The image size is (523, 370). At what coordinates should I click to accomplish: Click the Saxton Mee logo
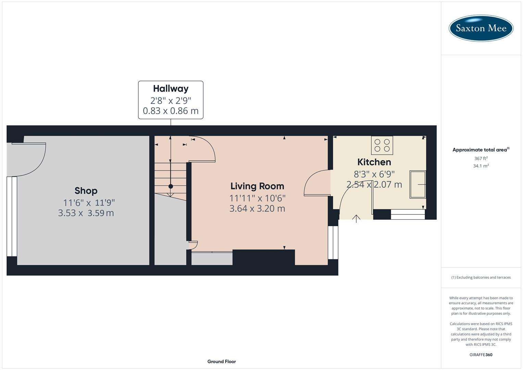click(x=481, y=28)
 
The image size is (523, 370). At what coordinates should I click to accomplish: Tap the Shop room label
click(x=86, y=191)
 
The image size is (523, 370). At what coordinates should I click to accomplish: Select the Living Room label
click(x=257, y=186)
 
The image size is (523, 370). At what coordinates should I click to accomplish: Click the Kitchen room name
click(x=374, y=162)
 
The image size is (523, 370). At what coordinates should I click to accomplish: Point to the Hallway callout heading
click(x=171, y=89)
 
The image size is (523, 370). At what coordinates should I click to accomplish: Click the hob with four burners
click(x=382, y=145)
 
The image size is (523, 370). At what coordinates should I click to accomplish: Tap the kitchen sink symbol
click(x=418, y=184)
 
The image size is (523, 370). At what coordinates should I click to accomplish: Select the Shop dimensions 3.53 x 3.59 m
click(x=86, y=213)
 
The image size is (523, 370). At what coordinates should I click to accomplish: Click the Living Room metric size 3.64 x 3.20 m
click(x=257, y=209)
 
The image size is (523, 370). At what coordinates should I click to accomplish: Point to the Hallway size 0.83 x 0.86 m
click(x=171, y=111)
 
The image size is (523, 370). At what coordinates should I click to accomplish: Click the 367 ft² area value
click(x=481, y=159)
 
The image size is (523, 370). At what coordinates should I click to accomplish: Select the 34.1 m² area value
click(x=481, y=166)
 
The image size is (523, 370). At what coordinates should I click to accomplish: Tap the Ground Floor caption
click(x=222, y=361)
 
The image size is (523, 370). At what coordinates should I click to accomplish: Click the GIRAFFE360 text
click(x=481, y=355)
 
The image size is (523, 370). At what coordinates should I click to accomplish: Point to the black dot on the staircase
click(x=171, y=186)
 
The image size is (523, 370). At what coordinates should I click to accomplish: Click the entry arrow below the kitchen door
click(x=356, y=219)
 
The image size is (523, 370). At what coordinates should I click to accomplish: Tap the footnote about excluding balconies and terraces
click(x=481, y=277)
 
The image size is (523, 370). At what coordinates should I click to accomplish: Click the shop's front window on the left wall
click(x=12, y=216)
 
